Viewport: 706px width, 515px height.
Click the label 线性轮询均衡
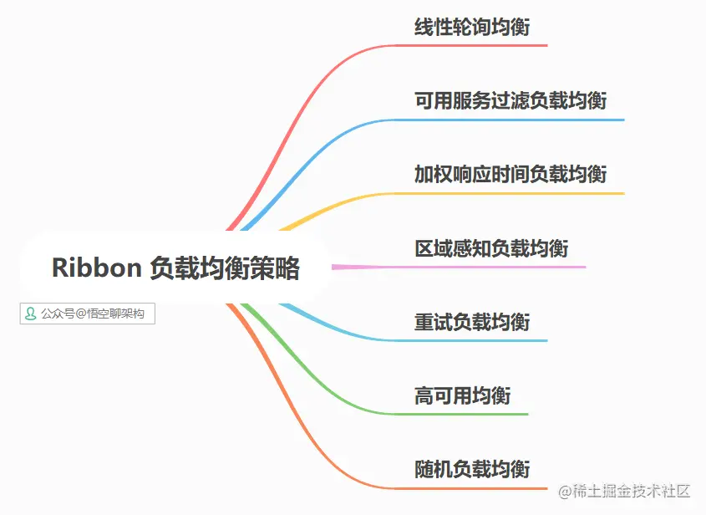pos(472,28)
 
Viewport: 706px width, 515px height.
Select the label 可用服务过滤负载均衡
pos(510,101)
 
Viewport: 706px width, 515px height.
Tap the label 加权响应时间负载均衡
pos(510,174)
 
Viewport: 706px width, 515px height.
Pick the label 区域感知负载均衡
pos(491,248)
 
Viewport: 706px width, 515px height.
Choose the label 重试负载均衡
pos(472,322)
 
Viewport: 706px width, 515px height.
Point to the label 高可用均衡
pos(462,395)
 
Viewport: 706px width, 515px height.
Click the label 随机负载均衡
pos(472,468)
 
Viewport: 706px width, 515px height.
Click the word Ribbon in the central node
pos(96,268)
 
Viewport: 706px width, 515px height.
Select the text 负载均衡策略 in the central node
pos(224,268)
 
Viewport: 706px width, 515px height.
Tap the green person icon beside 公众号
pos(31,314)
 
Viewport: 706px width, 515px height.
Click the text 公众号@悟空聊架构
pos(92,314)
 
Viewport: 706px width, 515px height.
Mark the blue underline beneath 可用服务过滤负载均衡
pos(518,120)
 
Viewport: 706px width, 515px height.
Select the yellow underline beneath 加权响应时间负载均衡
pos(518,193)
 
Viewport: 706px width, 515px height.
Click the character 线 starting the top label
pos(424,28)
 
